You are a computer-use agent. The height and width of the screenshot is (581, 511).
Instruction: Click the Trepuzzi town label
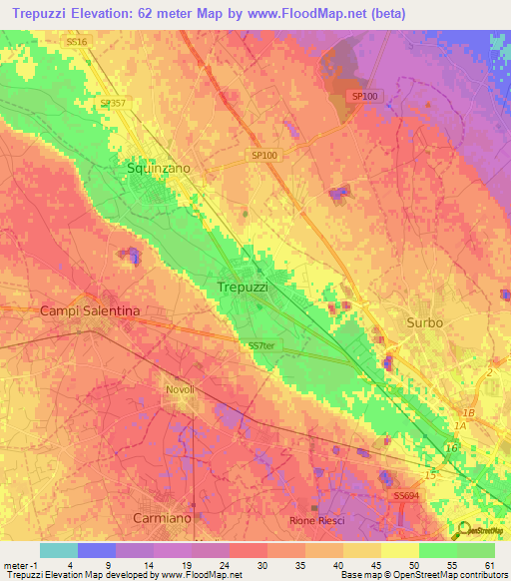click(242, 287)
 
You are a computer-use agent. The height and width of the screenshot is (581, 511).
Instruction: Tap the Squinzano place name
click(158, 169)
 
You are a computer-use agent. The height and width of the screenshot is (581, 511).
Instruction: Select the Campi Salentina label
click(89, 311)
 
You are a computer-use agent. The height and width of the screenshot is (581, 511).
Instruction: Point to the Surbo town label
click(424, 323)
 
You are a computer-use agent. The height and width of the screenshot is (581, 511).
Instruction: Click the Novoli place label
click(179, 388)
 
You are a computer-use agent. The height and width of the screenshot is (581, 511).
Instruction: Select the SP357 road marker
click(112, 102)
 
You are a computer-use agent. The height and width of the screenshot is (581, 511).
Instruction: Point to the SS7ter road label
click(260, 345)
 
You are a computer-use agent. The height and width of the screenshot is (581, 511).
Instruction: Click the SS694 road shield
click(405, 495)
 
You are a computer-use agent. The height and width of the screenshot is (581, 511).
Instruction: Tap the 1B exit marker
click(468, 411)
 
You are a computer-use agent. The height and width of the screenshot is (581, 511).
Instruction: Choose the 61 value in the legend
click(489, 564)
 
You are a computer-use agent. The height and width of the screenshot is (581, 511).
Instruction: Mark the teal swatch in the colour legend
click(58, 550)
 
